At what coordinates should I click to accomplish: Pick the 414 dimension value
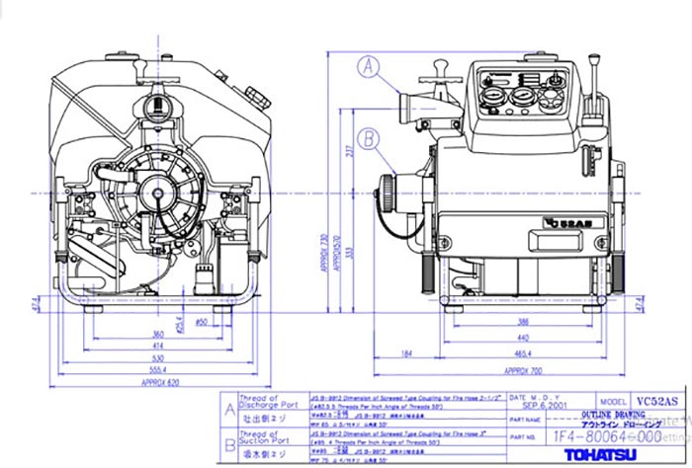(x=157, y=345)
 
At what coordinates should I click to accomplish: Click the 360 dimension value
(x=157, y=334)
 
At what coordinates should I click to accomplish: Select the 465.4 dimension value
(x=523, y=352)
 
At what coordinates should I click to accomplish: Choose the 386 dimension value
(x=521, y=323)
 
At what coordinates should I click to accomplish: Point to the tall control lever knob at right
(x=596, y=70)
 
